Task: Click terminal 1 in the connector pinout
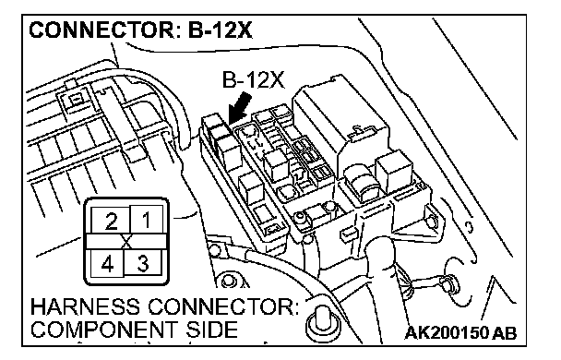(x=147, y=220)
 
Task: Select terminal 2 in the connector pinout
(x=111, y=222)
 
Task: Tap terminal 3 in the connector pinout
(x=142, y=263)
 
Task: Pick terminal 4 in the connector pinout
(x=107, y=264)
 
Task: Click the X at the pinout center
(x=126, y=242)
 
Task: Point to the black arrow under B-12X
(x=239, y=108)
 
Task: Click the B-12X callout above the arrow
(x=253, y=79)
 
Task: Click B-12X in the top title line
(x=220, y=30)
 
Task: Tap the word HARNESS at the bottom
(x=86, y=307)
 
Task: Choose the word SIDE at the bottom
(x=211, y=330)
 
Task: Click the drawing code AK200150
(x=447, y=333)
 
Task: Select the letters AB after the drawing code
(x=505, y=333)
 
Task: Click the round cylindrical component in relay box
(x=363, y=183)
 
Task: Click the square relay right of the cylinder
(x=394, y=171)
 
